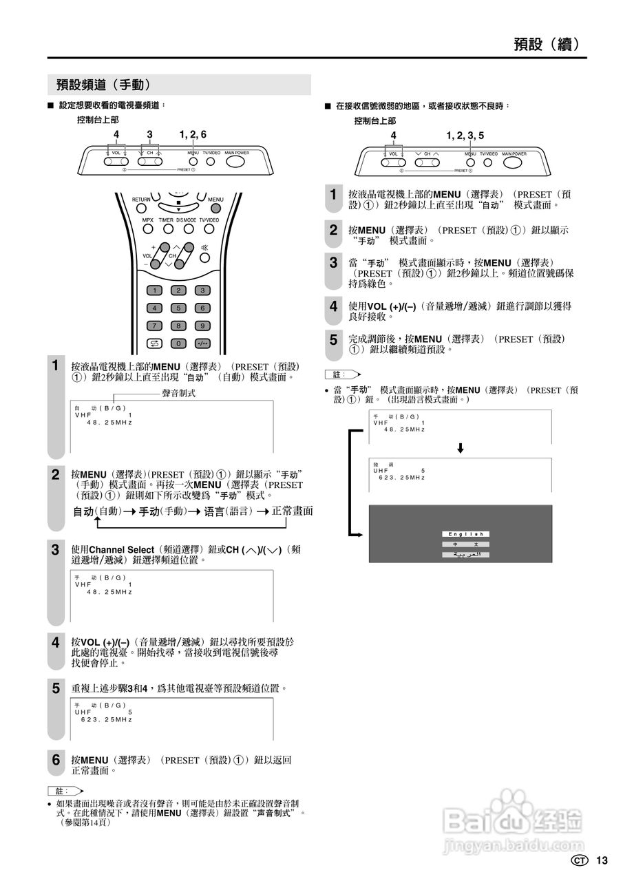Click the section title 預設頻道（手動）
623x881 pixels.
[x=103, y=85]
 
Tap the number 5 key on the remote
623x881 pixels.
[x=178, y=308]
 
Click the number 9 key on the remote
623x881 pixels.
[x=202, y=325]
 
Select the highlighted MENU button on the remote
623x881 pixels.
[x=216, y=207]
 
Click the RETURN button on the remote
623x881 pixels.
[x=141, y=207]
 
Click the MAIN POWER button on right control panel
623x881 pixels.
[x=513, y=163]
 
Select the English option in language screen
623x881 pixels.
[x=465, y=534]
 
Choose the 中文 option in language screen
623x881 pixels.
[x=465, y=544]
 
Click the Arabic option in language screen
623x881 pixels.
[x=465, y=555]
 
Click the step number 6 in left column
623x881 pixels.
[x=56, y=760]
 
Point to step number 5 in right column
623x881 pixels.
[x=333, y=340]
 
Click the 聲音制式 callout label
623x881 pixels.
[x=178, y=393]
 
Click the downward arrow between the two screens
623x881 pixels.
[x=461, y=448]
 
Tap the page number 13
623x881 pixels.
[x=602, y=860]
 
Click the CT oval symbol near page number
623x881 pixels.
[x=580, y=860]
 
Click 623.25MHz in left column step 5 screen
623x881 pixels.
[x=106, y=719]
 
